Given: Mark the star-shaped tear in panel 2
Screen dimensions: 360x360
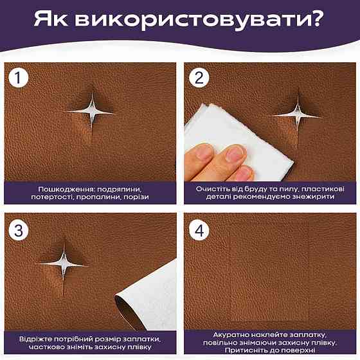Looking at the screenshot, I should (296, 115).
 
